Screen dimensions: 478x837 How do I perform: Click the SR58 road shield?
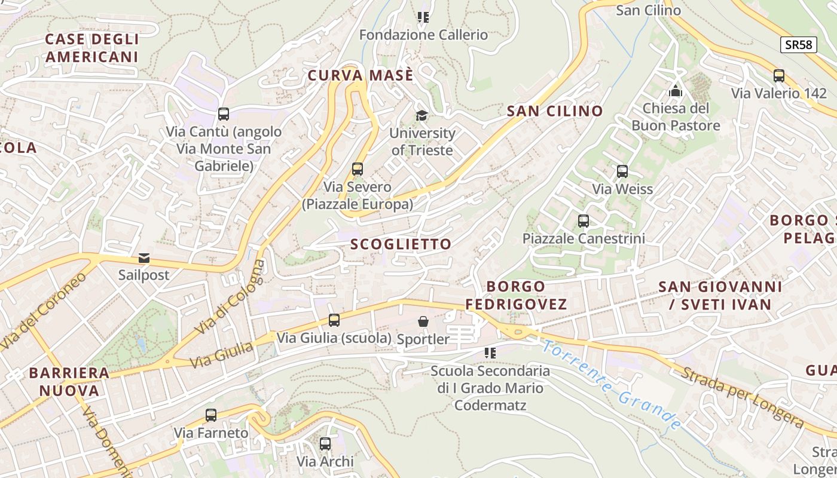click(x=799, y=45)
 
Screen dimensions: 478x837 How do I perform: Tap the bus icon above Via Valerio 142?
click(x=779, y=76)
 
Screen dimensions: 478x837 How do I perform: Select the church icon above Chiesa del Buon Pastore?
click(x=676, y=91)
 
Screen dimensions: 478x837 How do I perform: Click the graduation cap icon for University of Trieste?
click(x=422, y=116)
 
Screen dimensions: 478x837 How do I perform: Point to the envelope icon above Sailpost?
click(x=144, y=258)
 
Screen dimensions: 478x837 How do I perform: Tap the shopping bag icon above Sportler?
click(x=423, y=322)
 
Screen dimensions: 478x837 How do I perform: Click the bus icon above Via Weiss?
click(x=622, y=171)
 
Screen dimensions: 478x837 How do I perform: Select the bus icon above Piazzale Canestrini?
click(x=584, y=221)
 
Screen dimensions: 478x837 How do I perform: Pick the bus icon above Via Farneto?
click(x=211, y=415)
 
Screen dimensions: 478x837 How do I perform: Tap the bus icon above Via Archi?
click(x=325, y=444)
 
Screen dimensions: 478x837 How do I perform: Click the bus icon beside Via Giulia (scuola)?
click(x=334, y=320)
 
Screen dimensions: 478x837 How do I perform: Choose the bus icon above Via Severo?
click(x=358, y=169)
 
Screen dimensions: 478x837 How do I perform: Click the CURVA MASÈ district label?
click(x=360, y=76)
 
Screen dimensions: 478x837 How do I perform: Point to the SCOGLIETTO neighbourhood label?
click(x=401, y=244)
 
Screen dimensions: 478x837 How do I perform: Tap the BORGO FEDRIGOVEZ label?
click(x=516, y=295)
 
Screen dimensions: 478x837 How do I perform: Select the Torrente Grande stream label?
click(x=612, y=385)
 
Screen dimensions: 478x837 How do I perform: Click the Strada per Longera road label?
click(x=741, y=397)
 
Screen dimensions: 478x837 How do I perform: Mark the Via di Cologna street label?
click(x=230, y=297)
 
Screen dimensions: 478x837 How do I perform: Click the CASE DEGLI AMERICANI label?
click(x=92, y=48)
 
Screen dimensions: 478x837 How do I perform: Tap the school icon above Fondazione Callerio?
click(x=423, y=17)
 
